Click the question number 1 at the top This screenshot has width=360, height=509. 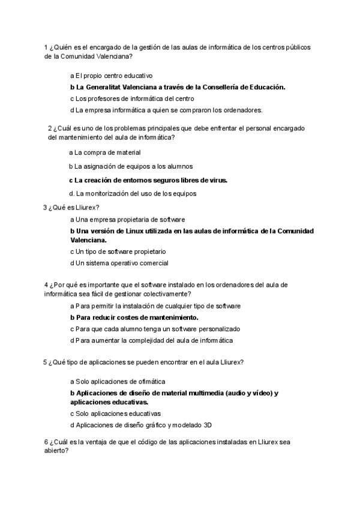pyautogui.click(x=46, y=47)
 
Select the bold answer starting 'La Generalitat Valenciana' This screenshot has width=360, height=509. pyautogui.click(x=178, y=87)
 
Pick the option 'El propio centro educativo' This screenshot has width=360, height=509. pyautogui.click(x=112, y=76)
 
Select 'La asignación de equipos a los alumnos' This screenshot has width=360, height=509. pyautogui.click(x=130, y=166)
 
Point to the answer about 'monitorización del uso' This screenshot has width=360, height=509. pyautogui.click(x=133, y=193)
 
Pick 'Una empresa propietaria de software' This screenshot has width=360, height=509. pyautogui.click(x=127, y=220)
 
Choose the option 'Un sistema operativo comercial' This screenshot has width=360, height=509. pyautogui.click(x=119, y=263)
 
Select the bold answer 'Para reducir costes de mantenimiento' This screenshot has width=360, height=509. pyautogui.click(x=134, y=317)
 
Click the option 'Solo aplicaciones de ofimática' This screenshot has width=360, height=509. pyautogui.click(x=118, y=381)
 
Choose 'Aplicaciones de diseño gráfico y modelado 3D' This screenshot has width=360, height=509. pyautogui.click(x=141, y=425)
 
